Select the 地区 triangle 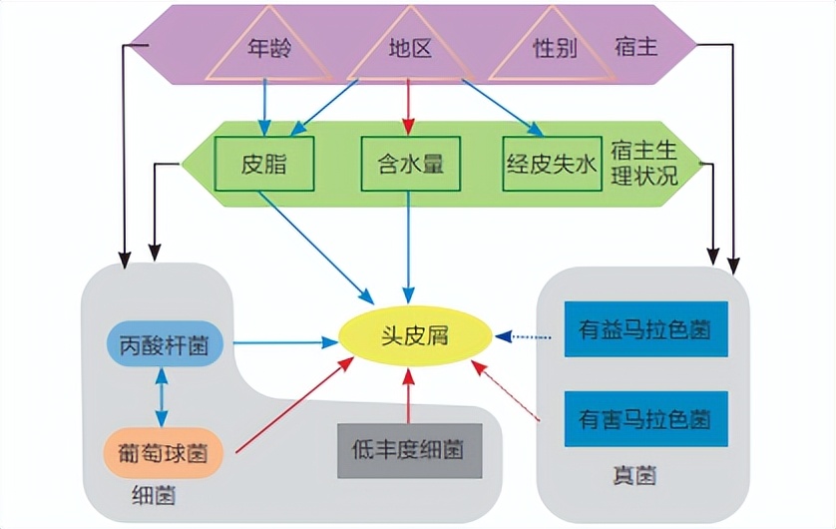pyautogui.click(x=409, y=50)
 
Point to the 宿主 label pyautogui.click(x=637, y=47)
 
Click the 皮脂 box pyautogui.click(x=264, y=163)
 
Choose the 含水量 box pyautogui.click(x=409, y=163)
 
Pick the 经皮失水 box pyautogui.click(x=550, y=163)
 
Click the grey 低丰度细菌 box pyautogui.click(x=408, y=450)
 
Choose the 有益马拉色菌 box pyautogui.click(x=644, y=327)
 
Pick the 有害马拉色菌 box pyautogui.click(x=644, y=417)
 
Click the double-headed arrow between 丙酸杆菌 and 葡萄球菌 pyautogui.click(x=159, y=398)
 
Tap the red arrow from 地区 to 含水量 pyautogui.click(x=408, y=106)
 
